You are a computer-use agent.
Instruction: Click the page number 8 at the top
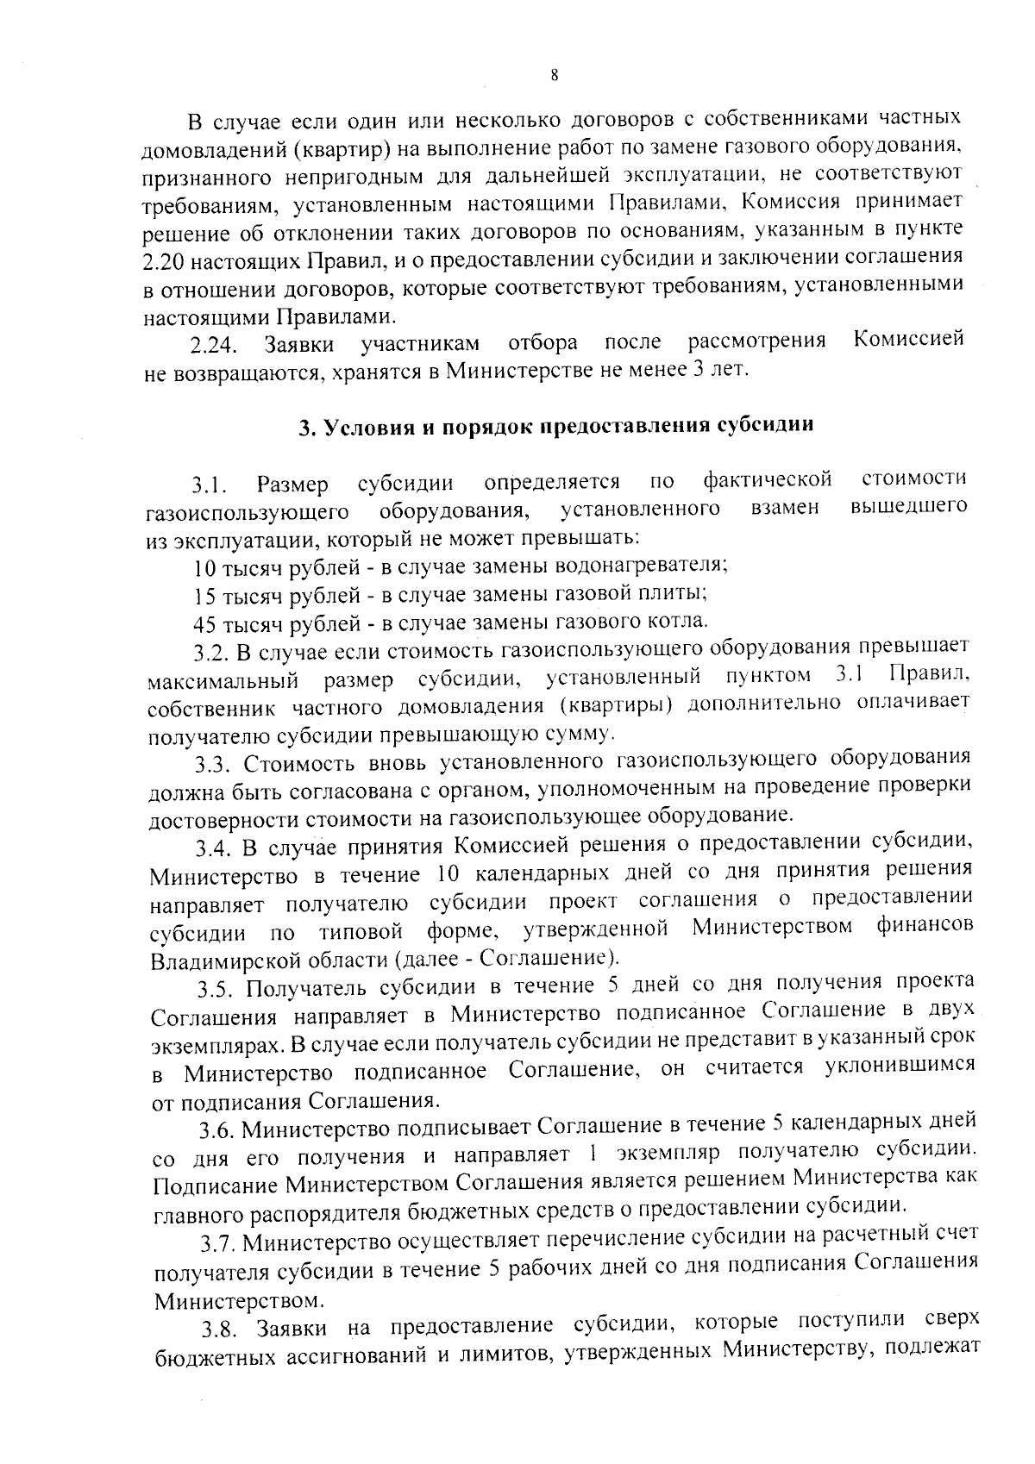coord(554,76)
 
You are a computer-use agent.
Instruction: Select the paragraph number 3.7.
coord(219,1244)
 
